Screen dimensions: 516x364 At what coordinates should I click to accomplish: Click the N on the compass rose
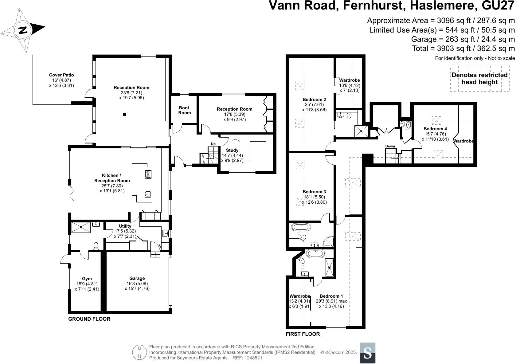(23, 30)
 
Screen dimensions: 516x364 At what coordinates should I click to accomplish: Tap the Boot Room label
(185, 110)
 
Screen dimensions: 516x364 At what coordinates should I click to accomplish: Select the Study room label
(232, 150)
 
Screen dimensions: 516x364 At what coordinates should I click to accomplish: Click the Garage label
(137, 278)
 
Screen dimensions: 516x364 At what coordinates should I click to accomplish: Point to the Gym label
(87, 279)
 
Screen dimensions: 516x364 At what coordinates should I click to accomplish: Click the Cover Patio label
(61, 75)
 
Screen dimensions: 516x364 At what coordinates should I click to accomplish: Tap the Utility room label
(125, 226)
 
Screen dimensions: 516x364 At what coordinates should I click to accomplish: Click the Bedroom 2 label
(314, 100)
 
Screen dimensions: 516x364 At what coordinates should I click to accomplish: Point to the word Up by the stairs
(213, 144)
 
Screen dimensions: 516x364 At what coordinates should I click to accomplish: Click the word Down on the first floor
(390, 146)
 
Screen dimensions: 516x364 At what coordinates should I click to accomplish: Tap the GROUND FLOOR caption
(89, 319)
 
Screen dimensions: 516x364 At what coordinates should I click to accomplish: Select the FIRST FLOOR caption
(303, 334)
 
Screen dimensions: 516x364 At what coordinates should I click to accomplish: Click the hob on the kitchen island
(148, 174)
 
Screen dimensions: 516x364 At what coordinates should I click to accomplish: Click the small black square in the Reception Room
(125, 114)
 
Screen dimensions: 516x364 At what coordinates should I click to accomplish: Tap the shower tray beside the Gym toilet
(81, 227)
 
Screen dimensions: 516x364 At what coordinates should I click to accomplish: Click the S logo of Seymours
(368, 353)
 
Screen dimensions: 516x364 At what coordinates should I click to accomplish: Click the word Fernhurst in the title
(374, 5)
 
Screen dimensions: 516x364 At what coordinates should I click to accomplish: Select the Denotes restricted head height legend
(480, 79)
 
